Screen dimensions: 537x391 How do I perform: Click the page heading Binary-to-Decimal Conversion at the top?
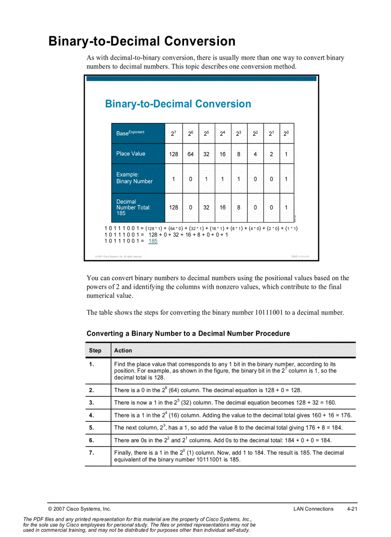click(x=142, y=41)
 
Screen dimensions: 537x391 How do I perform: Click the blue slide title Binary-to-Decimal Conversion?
click(x=178, y=104)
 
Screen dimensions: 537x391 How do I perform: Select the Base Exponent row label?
click(x=130, y=133)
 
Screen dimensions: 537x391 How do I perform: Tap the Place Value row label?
click(x=130, y=153)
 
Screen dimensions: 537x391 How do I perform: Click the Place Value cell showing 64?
click(x=190, y=154)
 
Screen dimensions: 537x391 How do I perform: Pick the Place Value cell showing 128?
click(x=173, y=154)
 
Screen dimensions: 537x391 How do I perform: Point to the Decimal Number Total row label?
click(x=133, y=208)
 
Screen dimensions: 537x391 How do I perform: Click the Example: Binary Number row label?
click(x=134, y=178)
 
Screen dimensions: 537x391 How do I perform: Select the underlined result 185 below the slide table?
click(x=152, y=241)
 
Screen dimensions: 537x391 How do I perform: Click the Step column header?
click(x=95, y=351)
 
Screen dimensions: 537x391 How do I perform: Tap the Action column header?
click(x=123, y=351)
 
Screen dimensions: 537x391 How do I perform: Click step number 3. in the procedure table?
click(x=91, y=403)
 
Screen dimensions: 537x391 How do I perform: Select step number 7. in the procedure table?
click(x=91, y=452)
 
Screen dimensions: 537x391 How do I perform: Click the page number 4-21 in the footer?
click(x=352, y=509)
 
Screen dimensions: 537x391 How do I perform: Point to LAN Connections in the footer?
click(x=313, y=509)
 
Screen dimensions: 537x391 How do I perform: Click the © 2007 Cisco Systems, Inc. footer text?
click(x=80, y=509)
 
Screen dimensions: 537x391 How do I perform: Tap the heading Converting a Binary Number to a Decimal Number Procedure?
click(x=188, y=333)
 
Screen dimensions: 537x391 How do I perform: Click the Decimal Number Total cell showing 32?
click(x=206, y=208)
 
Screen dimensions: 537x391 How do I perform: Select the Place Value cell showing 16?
click(x=223, y=154)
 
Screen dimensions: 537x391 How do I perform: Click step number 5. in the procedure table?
click(x=91, y=427)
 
